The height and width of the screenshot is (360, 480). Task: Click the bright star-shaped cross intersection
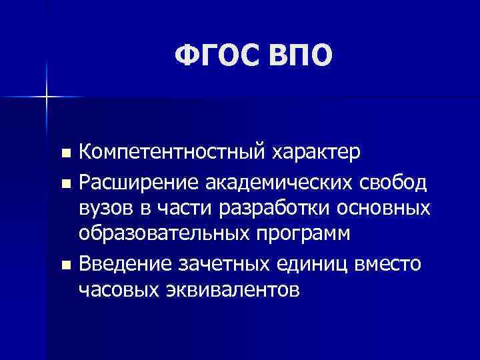click(47, 97)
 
